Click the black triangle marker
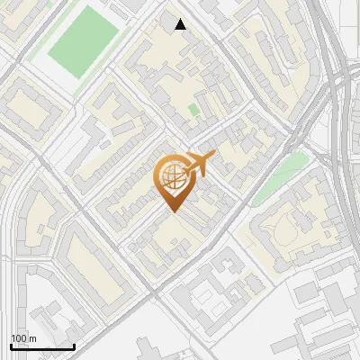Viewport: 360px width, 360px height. pyautogui.click(x=180, y=24)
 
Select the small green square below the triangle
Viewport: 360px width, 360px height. pyautogui.click(x=193, y=110)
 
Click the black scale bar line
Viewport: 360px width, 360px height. pyautogui.click(x=42, y=346)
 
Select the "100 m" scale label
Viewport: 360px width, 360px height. pyautogui.click(x=23, y=338)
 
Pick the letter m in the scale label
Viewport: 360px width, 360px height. pyautogui.click(x=32, y=339)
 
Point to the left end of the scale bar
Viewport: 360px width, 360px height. pyautogui.click(x=12, y=346)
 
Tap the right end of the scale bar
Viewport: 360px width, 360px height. pyautogui.click(x=74, y=346)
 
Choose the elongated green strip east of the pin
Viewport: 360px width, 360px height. pyautogui.click(x=278, y=180)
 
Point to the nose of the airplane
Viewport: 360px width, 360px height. pyautogui.click(x=214, y=155)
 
